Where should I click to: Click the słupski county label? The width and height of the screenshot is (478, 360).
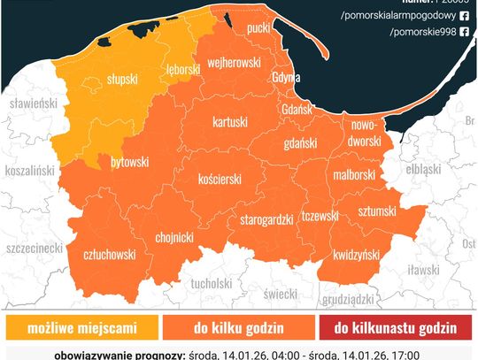coord(122,79)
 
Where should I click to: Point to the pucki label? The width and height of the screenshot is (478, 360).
coord(259,29)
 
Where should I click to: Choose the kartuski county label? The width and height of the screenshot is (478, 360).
coord(230,120)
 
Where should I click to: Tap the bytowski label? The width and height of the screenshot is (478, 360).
coord(129,163)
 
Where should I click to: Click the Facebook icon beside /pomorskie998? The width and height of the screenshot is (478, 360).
coord(464,32)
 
